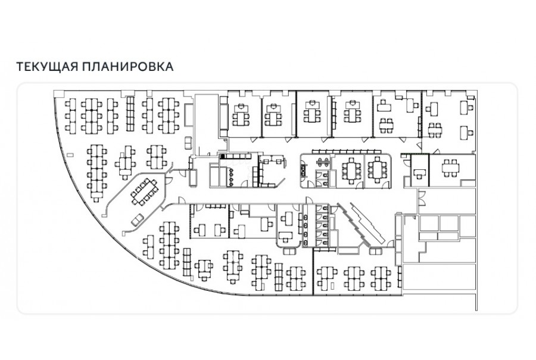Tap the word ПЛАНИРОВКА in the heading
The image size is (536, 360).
pos(127,66)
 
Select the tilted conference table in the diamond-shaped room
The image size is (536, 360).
pos(144,192)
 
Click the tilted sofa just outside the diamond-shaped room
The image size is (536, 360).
pos(138,220)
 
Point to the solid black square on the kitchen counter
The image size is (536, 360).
pos(223,156)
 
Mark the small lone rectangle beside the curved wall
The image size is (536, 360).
pos(71,155)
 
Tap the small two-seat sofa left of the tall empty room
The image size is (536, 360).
pos(188,142)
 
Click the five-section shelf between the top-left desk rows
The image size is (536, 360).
pos(130,114)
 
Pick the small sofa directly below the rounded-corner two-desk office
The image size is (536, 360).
pos(289,252)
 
